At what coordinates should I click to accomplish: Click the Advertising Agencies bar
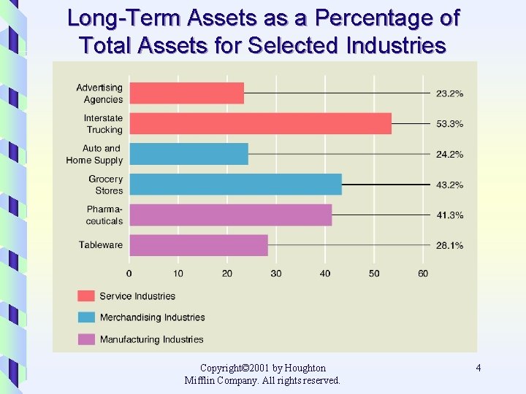[186, 93]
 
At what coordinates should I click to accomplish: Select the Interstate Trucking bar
[260, 123]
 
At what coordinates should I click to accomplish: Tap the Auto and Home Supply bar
[188, 154]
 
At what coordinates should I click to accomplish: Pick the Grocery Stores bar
[235, 185]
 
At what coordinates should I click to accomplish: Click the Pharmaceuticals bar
[230, 215]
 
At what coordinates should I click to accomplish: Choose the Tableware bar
[198, 245]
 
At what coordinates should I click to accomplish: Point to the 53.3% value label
[449, 124]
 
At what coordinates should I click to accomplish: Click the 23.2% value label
[449, 93]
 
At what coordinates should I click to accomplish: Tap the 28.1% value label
[449, 246]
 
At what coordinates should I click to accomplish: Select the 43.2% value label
[449, 185]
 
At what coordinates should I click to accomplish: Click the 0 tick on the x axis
[129, 274]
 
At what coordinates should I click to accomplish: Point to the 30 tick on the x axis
[276, 274]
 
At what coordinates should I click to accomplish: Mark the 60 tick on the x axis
[423, 274]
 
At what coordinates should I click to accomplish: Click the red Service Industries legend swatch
[86, 295]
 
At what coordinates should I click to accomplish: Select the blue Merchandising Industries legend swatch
[86, 317]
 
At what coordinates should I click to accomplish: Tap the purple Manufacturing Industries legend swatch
[86, 339]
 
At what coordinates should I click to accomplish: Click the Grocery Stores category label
[106, 185]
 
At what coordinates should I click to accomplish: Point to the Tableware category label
[101, 245]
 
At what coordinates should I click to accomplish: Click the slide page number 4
[478, 368]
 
